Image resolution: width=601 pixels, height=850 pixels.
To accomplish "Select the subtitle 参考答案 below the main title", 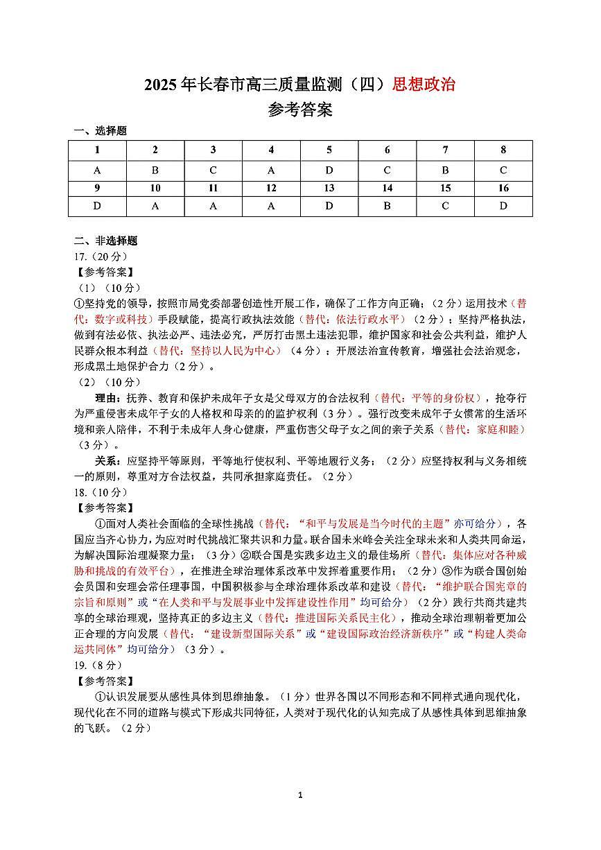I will click(299, 110).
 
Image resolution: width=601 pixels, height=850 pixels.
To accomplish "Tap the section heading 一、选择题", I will click(101, 131).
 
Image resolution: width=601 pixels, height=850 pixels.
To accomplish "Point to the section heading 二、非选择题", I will click(106, 241).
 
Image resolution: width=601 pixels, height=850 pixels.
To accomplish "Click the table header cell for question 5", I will click(329, 150).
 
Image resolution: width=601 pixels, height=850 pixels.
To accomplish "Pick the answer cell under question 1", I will click(97, 170).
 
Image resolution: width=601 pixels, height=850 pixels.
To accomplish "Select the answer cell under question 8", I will click(503, 170).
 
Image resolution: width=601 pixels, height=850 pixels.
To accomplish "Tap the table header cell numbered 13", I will click(329, 189).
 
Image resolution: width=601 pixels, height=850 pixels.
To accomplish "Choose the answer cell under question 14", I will click(387, 206).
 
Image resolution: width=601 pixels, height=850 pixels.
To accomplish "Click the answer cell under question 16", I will click(503, 206).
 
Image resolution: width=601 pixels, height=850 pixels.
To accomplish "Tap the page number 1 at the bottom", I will click(300, 795).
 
